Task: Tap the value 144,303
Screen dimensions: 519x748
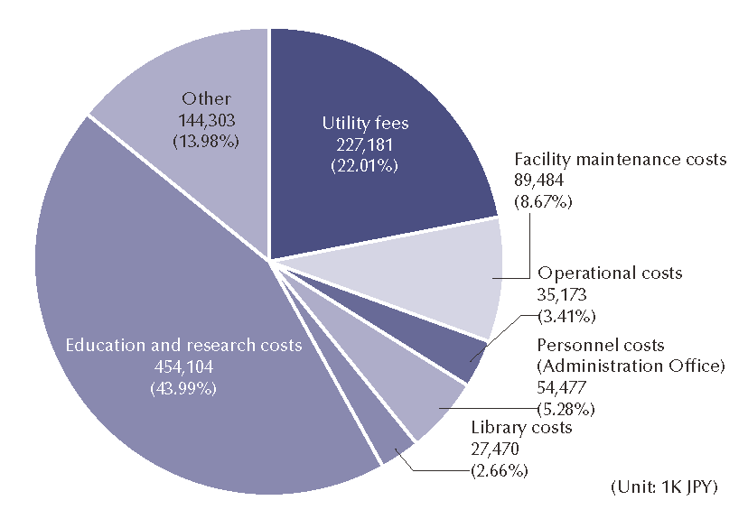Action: (207, 120)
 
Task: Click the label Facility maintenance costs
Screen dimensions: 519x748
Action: (620, 160)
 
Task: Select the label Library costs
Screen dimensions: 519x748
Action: (521, 427)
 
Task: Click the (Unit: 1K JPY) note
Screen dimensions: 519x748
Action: (664, 487)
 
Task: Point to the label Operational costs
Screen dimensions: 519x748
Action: (610, 273)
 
